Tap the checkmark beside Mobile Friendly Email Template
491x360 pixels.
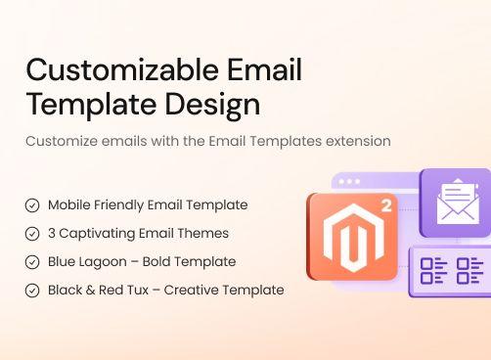[32, 205]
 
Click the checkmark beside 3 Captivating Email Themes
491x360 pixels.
[32, 234]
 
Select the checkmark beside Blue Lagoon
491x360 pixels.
[32, 262]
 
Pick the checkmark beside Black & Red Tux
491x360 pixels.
[32, 291]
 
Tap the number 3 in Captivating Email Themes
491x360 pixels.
[52, 234]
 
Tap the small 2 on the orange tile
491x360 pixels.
[386, 207]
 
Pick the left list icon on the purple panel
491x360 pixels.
[433, 271]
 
